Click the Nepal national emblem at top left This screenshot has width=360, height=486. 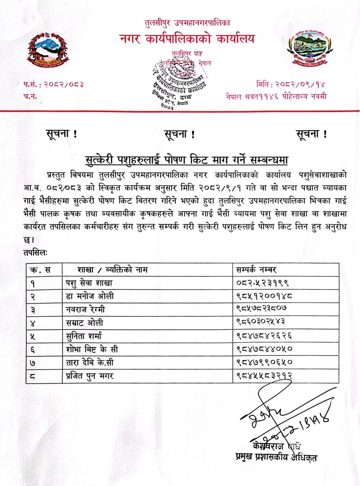48,51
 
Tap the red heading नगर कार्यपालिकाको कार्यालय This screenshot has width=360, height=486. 188,38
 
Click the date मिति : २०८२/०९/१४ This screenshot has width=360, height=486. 291,84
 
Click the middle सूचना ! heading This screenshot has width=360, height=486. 179,134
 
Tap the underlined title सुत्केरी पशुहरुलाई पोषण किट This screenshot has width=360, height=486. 186,160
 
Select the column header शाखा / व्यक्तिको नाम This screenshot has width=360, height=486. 112,270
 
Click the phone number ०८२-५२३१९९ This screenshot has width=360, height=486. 262,283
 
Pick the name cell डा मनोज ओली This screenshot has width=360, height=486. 90,296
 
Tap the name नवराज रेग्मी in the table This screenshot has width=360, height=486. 85,309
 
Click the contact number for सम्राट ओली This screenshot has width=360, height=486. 261,322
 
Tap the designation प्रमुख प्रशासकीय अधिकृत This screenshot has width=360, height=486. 276,457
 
